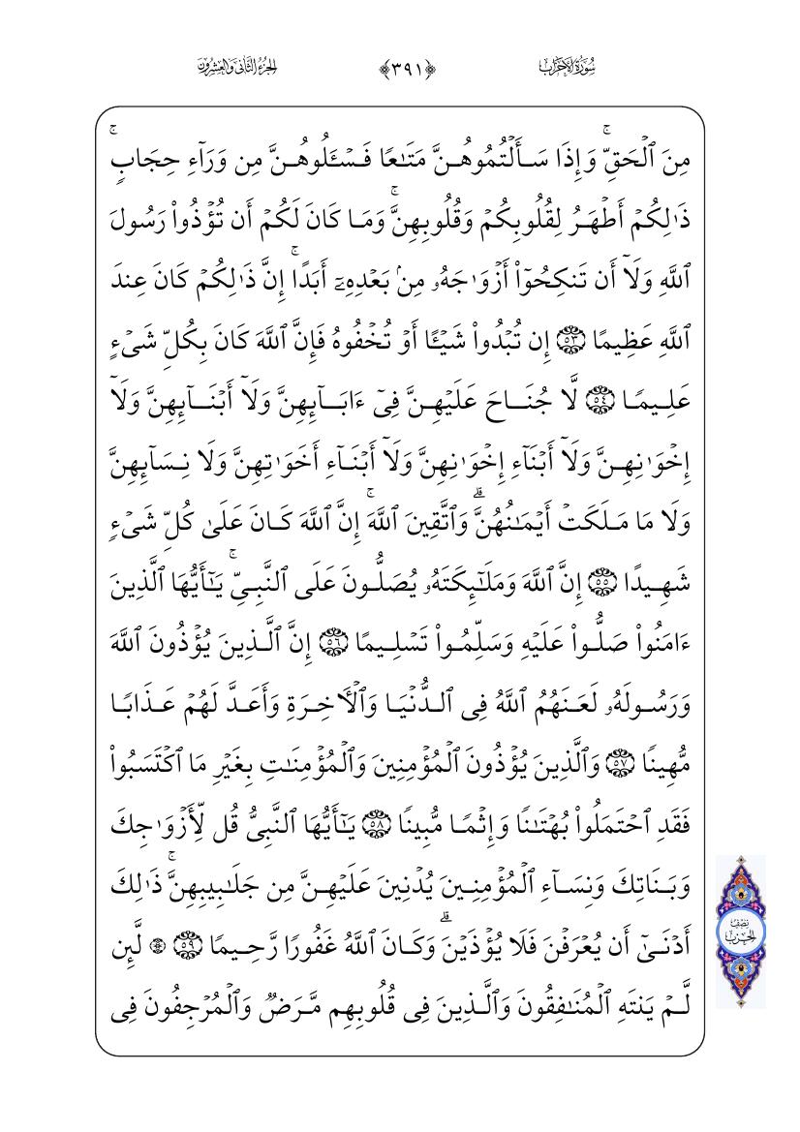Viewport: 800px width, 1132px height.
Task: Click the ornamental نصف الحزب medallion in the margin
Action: tap(742, 932)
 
